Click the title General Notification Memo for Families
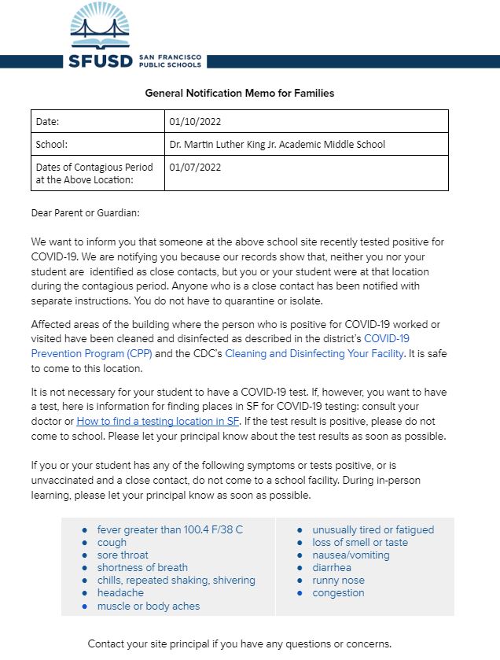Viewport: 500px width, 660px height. pyautogui.click(x=239, y=93)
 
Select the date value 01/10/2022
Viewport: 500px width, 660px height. pyautogui.click(x=195, y=122)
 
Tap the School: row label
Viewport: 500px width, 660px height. pyautogui.click(x=53, y=145)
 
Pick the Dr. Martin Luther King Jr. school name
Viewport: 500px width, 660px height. pyautogui.click(x=277, y=145)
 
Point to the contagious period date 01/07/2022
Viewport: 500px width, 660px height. pyautogui.click(x=195, y=167)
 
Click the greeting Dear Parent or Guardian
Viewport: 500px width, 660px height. pyautogui.click(x=86, y=213)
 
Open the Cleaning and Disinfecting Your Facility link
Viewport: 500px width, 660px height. pyautogui.click(x=314, y=354)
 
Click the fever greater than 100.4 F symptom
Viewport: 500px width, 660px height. pyautogui.click(x=170, y=530)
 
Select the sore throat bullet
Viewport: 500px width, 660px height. pyautogui.click(x=123, y=555)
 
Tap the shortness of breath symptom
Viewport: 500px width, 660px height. pyautogui.click(x=142, y=568)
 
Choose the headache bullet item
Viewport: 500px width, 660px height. pyautogui.click(x=120, y=593)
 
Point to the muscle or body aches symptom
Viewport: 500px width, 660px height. pyautogui.click(x=148, y=607)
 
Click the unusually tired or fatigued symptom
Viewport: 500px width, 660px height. pyautogui.click(x=373, y=530)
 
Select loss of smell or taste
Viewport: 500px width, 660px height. pyautogui.click(x=360, y=543)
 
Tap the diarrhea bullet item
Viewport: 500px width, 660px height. pyautogui.click(x=332, y=568)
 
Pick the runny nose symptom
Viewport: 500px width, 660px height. pyautogui.click(x=338, y=581)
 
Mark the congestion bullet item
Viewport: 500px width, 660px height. pyautogui.click(x=338, y=593)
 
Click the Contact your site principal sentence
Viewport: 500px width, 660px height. pyautogui.click(x=239, y=643)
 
